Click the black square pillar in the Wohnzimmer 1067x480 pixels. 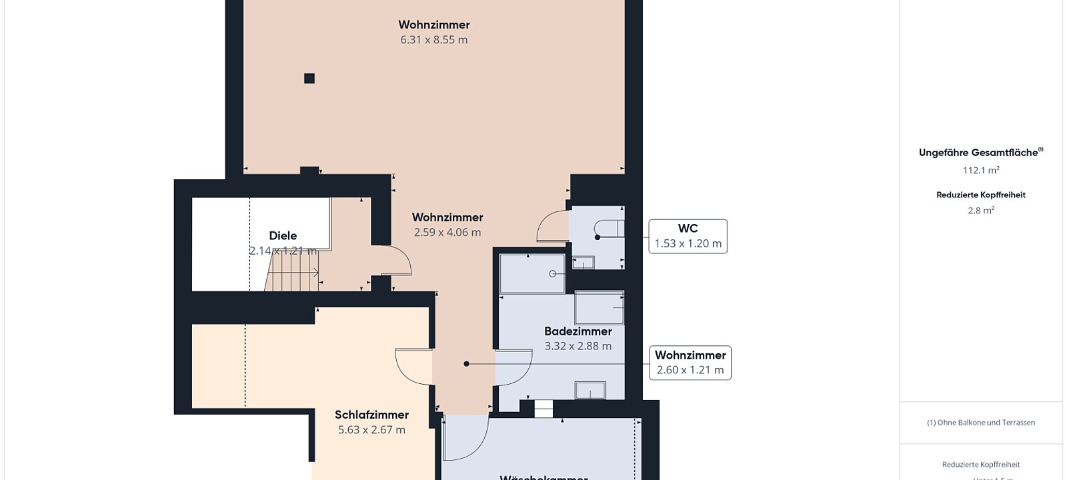[309, 79]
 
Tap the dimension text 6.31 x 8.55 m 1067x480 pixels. [434, 40]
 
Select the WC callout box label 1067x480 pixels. [688, 236]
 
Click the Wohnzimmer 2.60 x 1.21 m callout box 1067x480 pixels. [690, 363]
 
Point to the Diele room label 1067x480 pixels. [283, 235]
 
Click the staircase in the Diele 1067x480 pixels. [293, 272]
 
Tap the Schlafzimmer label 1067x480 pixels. [371, 415]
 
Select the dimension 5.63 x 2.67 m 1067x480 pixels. [371, 430]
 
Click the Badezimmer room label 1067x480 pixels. [578, 331]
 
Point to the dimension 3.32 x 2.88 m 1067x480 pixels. [578, 346]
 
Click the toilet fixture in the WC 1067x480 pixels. [608, 229]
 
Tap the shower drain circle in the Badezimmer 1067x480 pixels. [553, 274]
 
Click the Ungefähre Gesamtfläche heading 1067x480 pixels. [979, 153]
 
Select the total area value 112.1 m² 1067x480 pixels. [981, 171]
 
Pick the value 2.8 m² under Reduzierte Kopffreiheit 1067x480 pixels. [981, 211]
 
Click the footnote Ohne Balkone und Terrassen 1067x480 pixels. [981, 423]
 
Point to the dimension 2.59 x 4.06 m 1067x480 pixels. [447, 233]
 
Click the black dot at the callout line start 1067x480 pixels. [467, 364]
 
